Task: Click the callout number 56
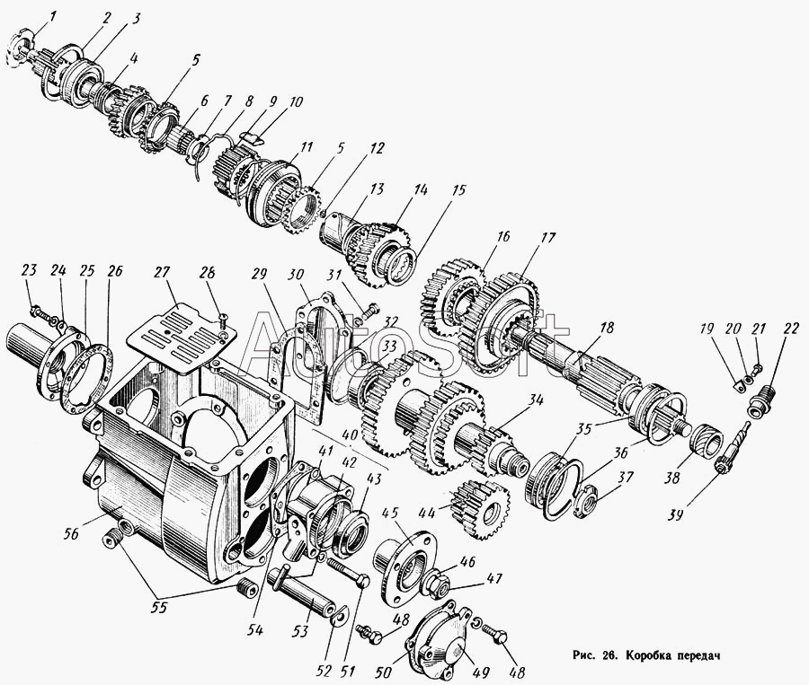pyautogui.click(x=71, y=533)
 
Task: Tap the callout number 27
pyautogui.click(x=159, y=273)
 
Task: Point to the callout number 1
pyautogui.click(x=54, y=17)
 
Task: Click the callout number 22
pyautogui.click(x=792, y=329)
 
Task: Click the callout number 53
pyautogui.click(x=300, y=631)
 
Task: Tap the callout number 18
pyautogui.click(x=608, y=328)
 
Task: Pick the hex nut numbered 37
pyautogui.click(x=583, y=496)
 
